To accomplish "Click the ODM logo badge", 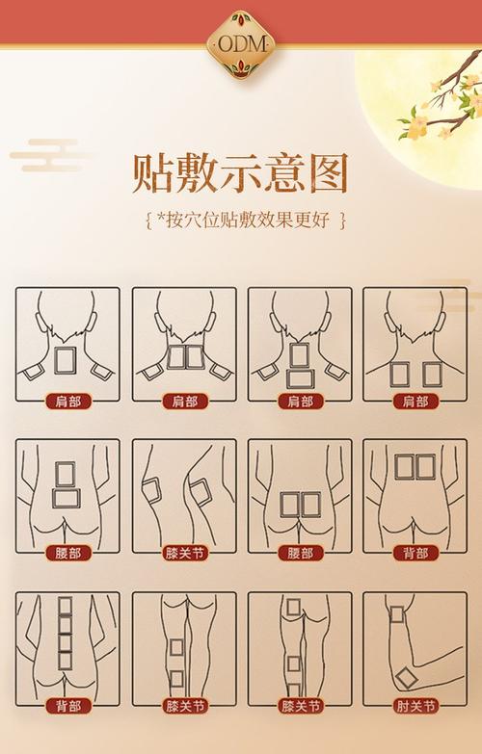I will (x=240, y=44).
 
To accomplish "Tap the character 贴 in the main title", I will (x=154, y=172).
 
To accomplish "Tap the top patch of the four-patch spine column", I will (x=66, y=608).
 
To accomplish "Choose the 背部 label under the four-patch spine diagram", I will (x=67, y=705).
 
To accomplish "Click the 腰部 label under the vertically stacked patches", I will (x=67, y=553).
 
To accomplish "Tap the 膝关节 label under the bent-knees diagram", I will (x=183, y=553).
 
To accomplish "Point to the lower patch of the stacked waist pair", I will (x=66, y=499).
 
